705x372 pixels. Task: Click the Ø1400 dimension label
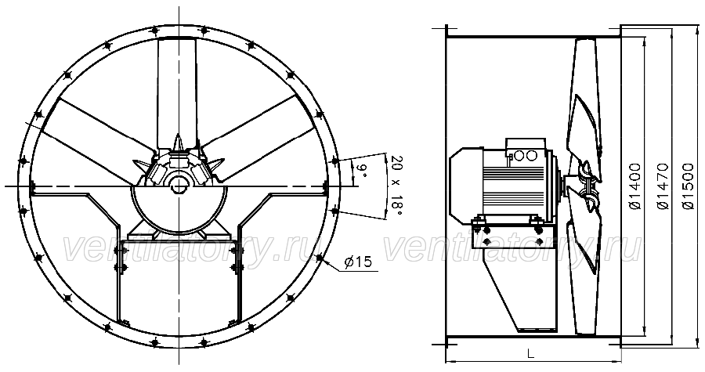634,186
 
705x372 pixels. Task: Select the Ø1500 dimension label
689,186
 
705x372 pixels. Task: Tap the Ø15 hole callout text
358,262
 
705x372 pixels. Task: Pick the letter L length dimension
530,354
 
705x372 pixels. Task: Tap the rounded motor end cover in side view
465,186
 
